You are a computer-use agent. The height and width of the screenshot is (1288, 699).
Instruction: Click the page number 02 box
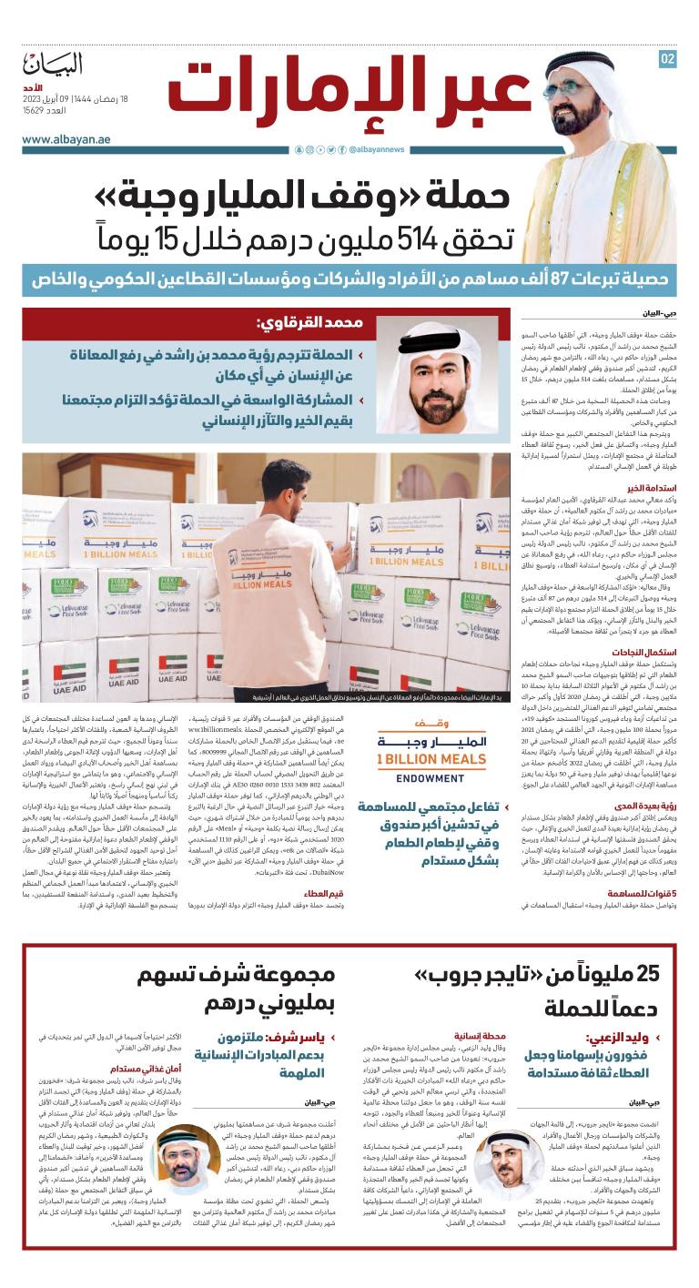click(x=668, y=59)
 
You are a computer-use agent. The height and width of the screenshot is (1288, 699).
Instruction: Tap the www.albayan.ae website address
click(x=62, y=139)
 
